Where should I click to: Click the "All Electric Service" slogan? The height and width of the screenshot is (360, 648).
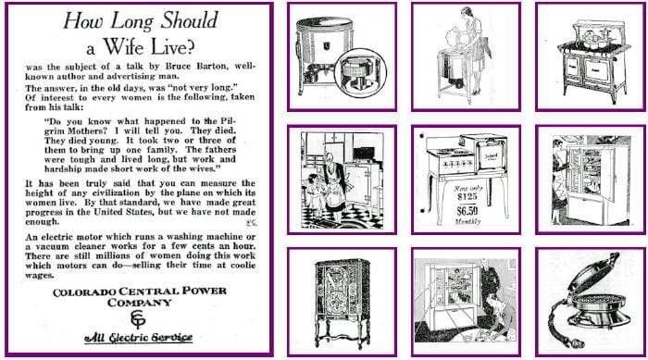(x=138, y=337)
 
